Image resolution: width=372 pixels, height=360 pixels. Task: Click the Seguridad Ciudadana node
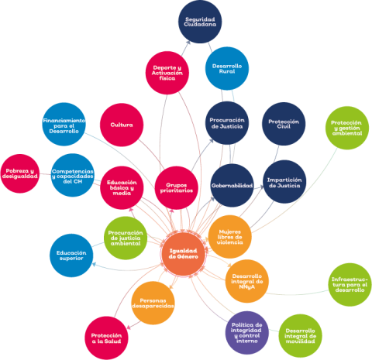tap(200, 22)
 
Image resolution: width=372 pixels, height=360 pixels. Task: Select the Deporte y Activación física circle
tap(167, 73)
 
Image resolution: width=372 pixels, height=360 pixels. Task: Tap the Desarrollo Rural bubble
tap(227, 69)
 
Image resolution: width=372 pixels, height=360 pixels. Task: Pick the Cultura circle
tap(122, 125)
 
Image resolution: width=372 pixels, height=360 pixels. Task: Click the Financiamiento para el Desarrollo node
tap(64, 125)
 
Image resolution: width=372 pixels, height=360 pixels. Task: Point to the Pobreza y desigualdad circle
tap(20, 173)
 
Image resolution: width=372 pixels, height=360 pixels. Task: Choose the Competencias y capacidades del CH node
tap(73, 175)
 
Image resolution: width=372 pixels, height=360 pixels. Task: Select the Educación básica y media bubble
tap(122, 187)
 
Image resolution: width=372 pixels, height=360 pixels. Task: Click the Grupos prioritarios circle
tap(177, 187)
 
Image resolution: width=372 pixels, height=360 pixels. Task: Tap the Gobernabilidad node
tap(232, 185)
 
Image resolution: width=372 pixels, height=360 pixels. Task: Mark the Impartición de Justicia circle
tap(284, 182)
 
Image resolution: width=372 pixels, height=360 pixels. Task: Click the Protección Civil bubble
tap(284, 124)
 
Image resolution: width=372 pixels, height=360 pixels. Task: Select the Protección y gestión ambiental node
tap(347, 128)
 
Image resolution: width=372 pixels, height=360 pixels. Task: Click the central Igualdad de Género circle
tap(184, 254)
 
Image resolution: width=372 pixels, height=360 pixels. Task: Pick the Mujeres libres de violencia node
tap(229, 237)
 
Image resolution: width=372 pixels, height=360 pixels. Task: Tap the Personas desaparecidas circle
tap(153, 303)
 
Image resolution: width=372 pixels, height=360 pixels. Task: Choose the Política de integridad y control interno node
tap(247, 333)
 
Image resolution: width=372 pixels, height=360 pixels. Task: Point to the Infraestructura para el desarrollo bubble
tap(350, 285)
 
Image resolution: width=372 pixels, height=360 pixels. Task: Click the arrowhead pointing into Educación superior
tap(94, 264)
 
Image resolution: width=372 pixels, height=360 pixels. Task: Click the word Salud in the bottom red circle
tap(113, 341)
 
